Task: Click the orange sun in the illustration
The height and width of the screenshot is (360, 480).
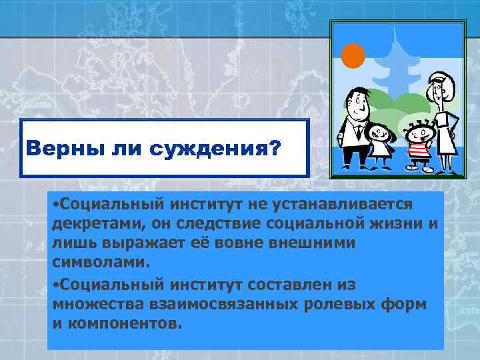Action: tap(353, 55)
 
